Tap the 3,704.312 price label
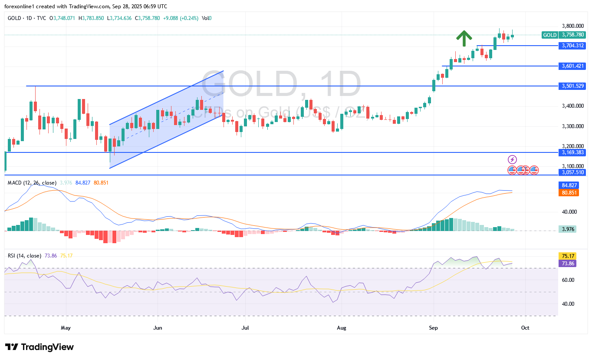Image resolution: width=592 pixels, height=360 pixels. coord(572,45)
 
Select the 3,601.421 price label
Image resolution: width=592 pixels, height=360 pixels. coord(572,66)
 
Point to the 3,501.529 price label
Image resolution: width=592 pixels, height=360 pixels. coord(572,86)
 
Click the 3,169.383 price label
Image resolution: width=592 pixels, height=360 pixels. coord(572,152)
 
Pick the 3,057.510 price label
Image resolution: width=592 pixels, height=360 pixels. coord(572,172)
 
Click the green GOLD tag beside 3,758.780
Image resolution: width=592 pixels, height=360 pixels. coord(550,35)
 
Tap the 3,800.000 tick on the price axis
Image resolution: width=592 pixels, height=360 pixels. coord(572,26)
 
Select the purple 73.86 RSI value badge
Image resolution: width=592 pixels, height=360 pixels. coord(567,264)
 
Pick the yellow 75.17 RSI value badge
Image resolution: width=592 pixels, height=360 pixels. coord(567,256)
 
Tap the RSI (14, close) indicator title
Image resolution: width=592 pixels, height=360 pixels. coord(25,256)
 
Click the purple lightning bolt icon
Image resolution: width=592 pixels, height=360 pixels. coord(513,159)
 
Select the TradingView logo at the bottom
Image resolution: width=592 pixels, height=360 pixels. coord(39,347)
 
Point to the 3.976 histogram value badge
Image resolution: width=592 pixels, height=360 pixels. coord(567,229)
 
